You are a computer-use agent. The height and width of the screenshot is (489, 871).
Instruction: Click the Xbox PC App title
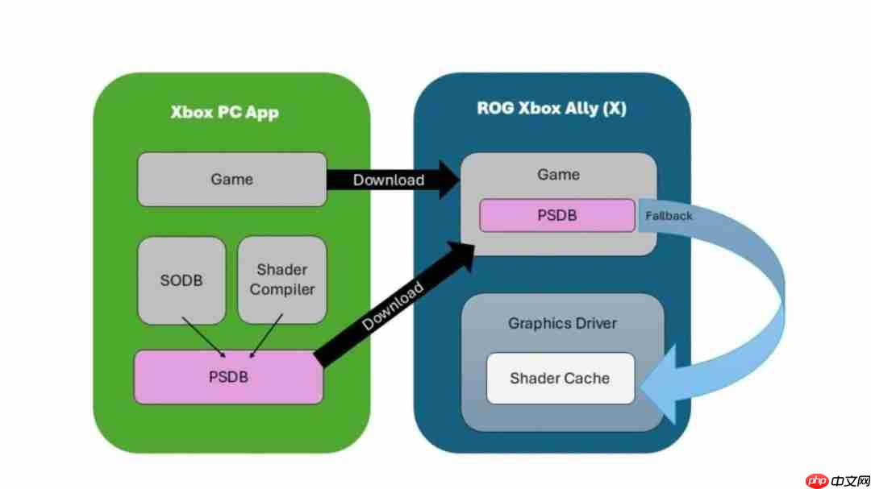tap(224, 112)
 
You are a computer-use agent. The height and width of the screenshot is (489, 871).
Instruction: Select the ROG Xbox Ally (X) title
tap(551, 109)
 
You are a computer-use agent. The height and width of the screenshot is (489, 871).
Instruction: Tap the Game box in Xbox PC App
tap(231, 179)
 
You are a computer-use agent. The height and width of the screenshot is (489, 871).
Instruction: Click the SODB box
tap(181, 280)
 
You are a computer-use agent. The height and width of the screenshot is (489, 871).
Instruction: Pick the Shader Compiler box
tap(282, 280)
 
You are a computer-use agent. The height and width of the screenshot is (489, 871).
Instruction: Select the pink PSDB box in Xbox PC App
tap(228, 377)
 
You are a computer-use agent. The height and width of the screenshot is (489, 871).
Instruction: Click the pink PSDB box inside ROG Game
tap(557, 216)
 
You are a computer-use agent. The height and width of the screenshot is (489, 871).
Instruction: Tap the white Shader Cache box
tap(560, 378)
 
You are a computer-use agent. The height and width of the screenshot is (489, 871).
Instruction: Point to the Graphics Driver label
tap(562, 323)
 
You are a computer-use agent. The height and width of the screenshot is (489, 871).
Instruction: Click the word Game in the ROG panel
tap(558, 174)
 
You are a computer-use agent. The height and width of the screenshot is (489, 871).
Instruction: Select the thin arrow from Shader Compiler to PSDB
tap(266, 335)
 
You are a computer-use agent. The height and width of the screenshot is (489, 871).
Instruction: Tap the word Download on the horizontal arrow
tap(388, 180)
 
